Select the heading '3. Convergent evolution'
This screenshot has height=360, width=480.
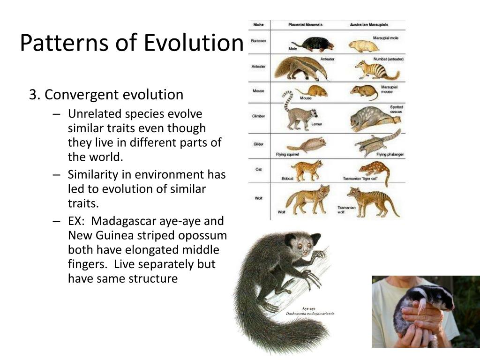click(x=106, y=95)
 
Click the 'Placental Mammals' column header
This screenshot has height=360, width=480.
click(x=305, y=24)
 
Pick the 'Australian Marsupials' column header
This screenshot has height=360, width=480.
click(x=370, y=24)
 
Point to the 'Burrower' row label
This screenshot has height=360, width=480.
click(x=258, y=41)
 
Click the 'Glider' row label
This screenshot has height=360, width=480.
click(x=258, y=144)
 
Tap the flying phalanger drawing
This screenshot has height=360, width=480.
click(x=378, y=143)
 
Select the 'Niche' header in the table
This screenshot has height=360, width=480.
click(x=258, y=24)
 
